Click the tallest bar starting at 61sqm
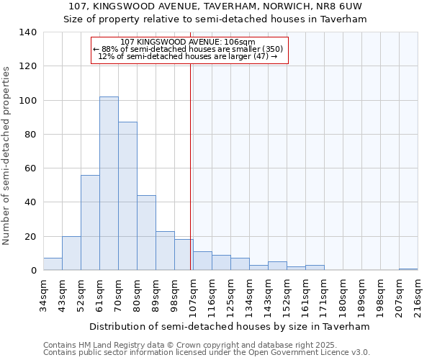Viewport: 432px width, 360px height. pyautogui.click(x=109, y=184)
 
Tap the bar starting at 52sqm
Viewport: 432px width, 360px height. pyautogui.click(x=90, y=222)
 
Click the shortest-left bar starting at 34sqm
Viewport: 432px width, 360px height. pyautogui.click(x=53, y=264)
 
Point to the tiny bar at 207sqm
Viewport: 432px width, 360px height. pyautogui.click(x=408, y=269)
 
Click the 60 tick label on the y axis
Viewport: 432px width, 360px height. pyautogui.click(x=31, y=168)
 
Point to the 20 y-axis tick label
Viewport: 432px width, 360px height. pyautogui.click(x=31, y=236)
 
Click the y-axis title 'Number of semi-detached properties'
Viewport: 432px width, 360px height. pyautogui.click(x=7, y=156)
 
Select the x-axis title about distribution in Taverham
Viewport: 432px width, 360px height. pyautogui.click(x=230, y=326)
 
